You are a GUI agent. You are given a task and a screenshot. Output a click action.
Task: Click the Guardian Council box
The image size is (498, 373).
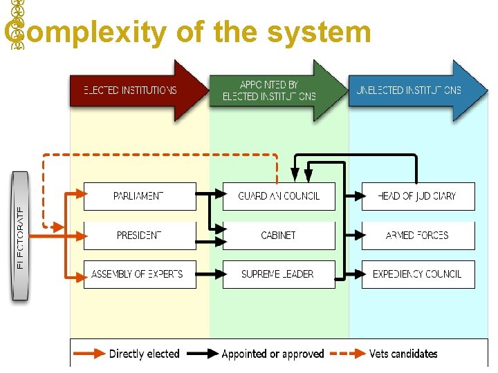(x=279, y=196)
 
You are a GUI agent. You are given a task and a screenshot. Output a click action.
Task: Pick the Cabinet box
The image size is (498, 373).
(x=279, y=236)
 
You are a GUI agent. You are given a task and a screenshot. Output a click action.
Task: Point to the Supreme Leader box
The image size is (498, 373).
(x=279, y=274)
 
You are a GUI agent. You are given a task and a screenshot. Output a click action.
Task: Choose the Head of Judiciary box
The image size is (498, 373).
(x=418, y=196)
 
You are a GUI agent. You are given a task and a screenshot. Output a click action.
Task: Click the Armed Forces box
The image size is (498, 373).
(x=418, y=236)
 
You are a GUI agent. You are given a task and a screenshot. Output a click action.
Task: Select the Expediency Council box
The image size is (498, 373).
(x=418, y=274)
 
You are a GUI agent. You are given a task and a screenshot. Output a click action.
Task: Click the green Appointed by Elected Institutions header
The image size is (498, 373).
(x=273, y=90)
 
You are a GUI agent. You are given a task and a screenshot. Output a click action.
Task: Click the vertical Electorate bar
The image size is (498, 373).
(x=21, y=235)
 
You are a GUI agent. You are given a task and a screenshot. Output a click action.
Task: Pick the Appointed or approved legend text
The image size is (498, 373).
(x=273, y=354)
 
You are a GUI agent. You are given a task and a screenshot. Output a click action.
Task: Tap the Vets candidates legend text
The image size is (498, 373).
(x=403, y=354)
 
